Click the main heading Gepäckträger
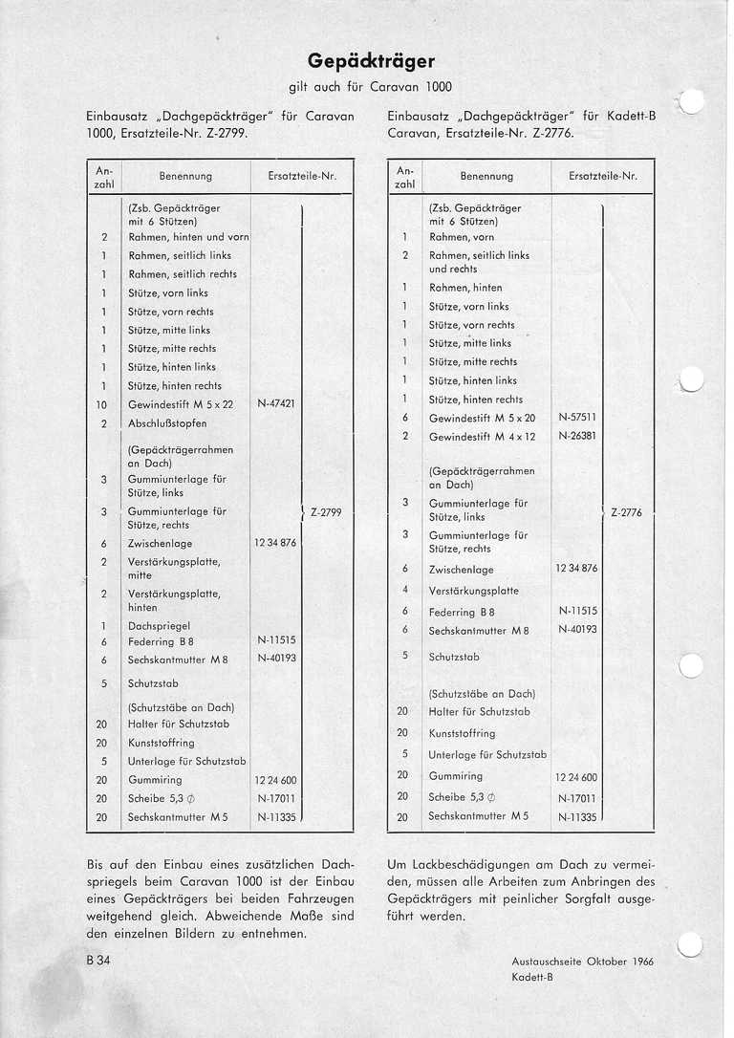pyautogui.click(x=367, y=63)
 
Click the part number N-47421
pyautogui.click(x=276, y=403)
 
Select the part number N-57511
pyautogui.click(x=577, y=418)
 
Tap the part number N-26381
pyautogui.click(x=577, y=436)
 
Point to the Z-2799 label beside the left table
pyautogui.click(x=326, y=512)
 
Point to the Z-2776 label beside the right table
pyautogui.click(x=626, y=512)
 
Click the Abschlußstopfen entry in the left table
pyautogui.click(x=167, y=422)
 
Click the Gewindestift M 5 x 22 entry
pyautogui.click(x=181, y=404)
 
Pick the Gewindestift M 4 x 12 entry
pyautogui.click(x=483, y=437)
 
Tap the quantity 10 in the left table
pyautogui.click(x=102, y=404)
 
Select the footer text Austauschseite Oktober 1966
pyautogui.click(x=582, y=962)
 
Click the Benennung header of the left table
pyautogui.click(x=185, y=177)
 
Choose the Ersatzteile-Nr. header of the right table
pyautogui.click(x=602, y=176)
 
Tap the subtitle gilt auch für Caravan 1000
pyautogui.click(x=367, y=87)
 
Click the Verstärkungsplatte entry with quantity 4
pyautogui.click(x=474, y=591)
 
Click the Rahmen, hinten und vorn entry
pyautogui.click(x=188, y=237)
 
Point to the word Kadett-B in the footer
pyautogui.click(x=532, y=977)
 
